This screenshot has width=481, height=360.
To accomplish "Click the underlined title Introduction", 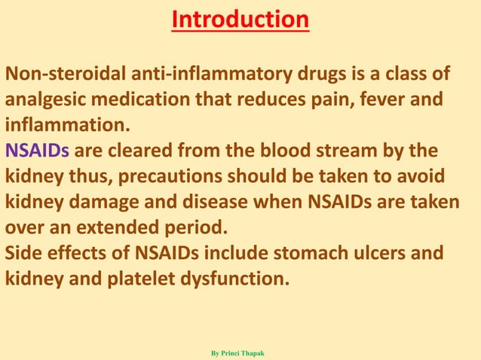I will pos(240,20).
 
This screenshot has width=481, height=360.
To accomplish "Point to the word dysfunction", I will pos(235,279).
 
